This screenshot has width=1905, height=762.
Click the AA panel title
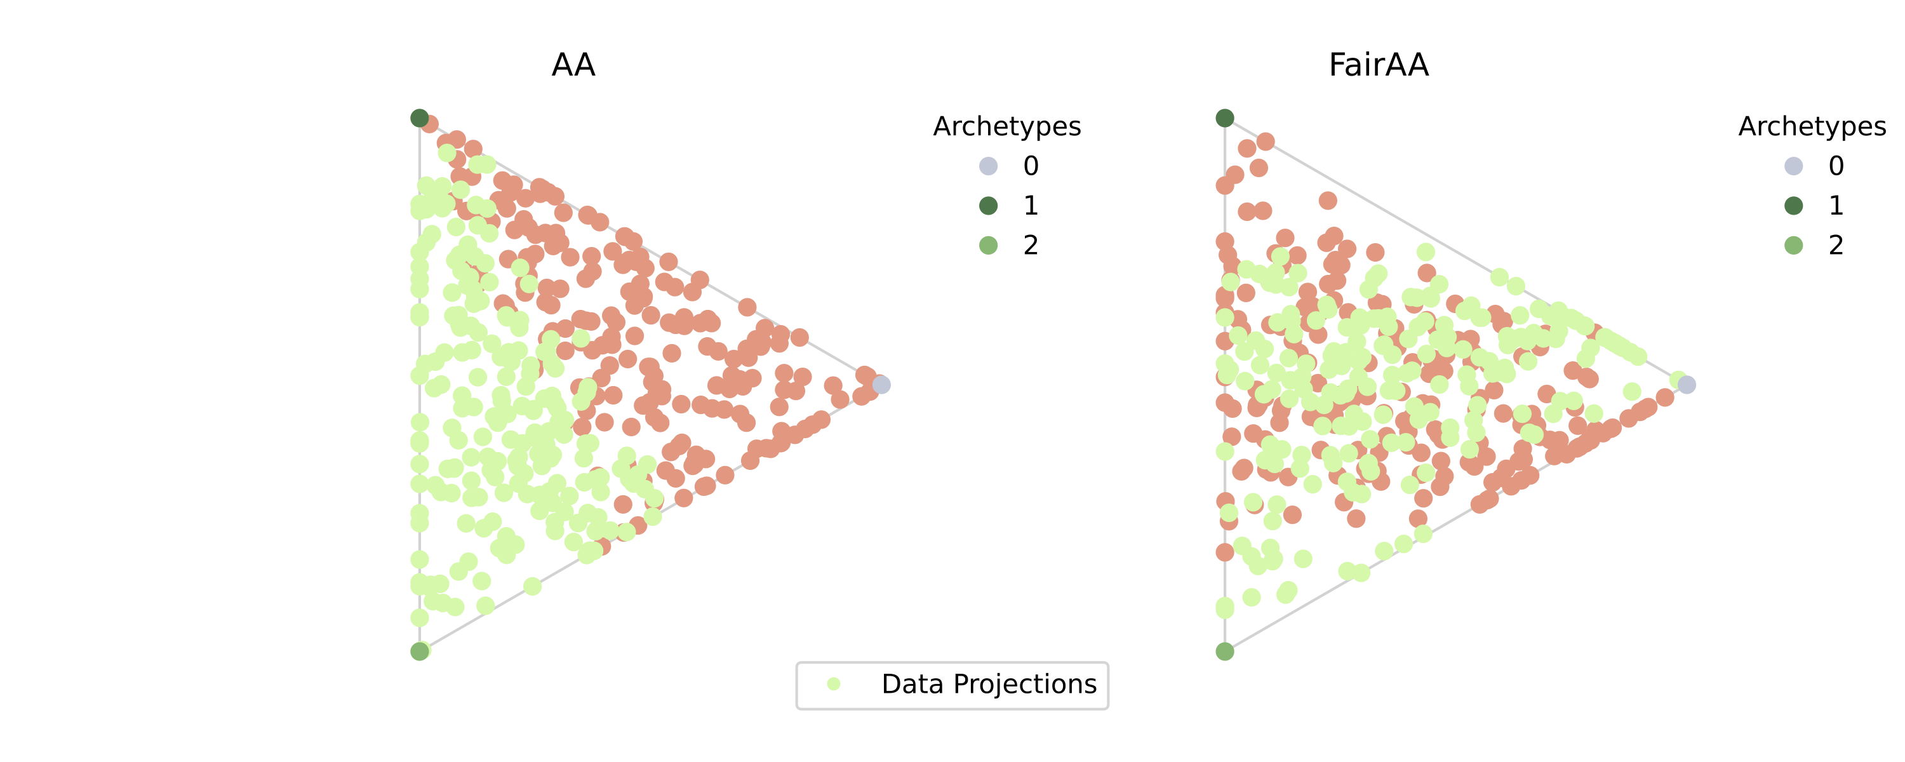coord(573,65)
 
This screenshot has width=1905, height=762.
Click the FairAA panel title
coord(1379,65)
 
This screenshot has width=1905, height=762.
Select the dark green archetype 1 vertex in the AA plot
coord(419,118)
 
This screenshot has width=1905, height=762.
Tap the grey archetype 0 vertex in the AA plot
coord(881,385)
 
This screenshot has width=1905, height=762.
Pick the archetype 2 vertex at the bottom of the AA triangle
coord(419,651)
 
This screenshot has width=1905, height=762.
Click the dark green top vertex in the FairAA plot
coord(1225,118)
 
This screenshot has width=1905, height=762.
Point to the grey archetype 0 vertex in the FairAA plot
coord(1687,385)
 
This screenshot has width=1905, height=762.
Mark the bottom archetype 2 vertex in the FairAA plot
coord(1225,651)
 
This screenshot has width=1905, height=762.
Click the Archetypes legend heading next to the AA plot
coord(1006,126)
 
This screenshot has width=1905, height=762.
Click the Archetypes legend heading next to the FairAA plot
coord(1812,126)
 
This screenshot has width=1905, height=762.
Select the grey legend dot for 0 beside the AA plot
coord(988,166)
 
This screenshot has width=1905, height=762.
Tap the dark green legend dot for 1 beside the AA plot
coord(988,206)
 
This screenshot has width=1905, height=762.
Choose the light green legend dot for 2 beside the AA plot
coord(988,245)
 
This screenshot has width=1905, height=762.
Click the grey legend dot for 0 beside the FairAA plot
coord(1793,166)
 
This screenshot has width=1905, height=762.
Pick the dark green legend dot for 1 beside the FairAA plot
coord(1793,206)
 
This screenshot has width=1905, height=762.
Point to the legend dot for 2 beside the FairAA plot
coord(1793,245)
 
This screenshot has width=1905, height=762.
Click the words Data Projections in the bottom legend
coord(989,685)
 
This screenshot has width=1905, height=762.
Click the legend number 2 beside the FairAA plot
coord(1836,245)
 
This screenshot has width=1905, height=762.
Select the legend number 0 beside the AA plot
coord(1031,166)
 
